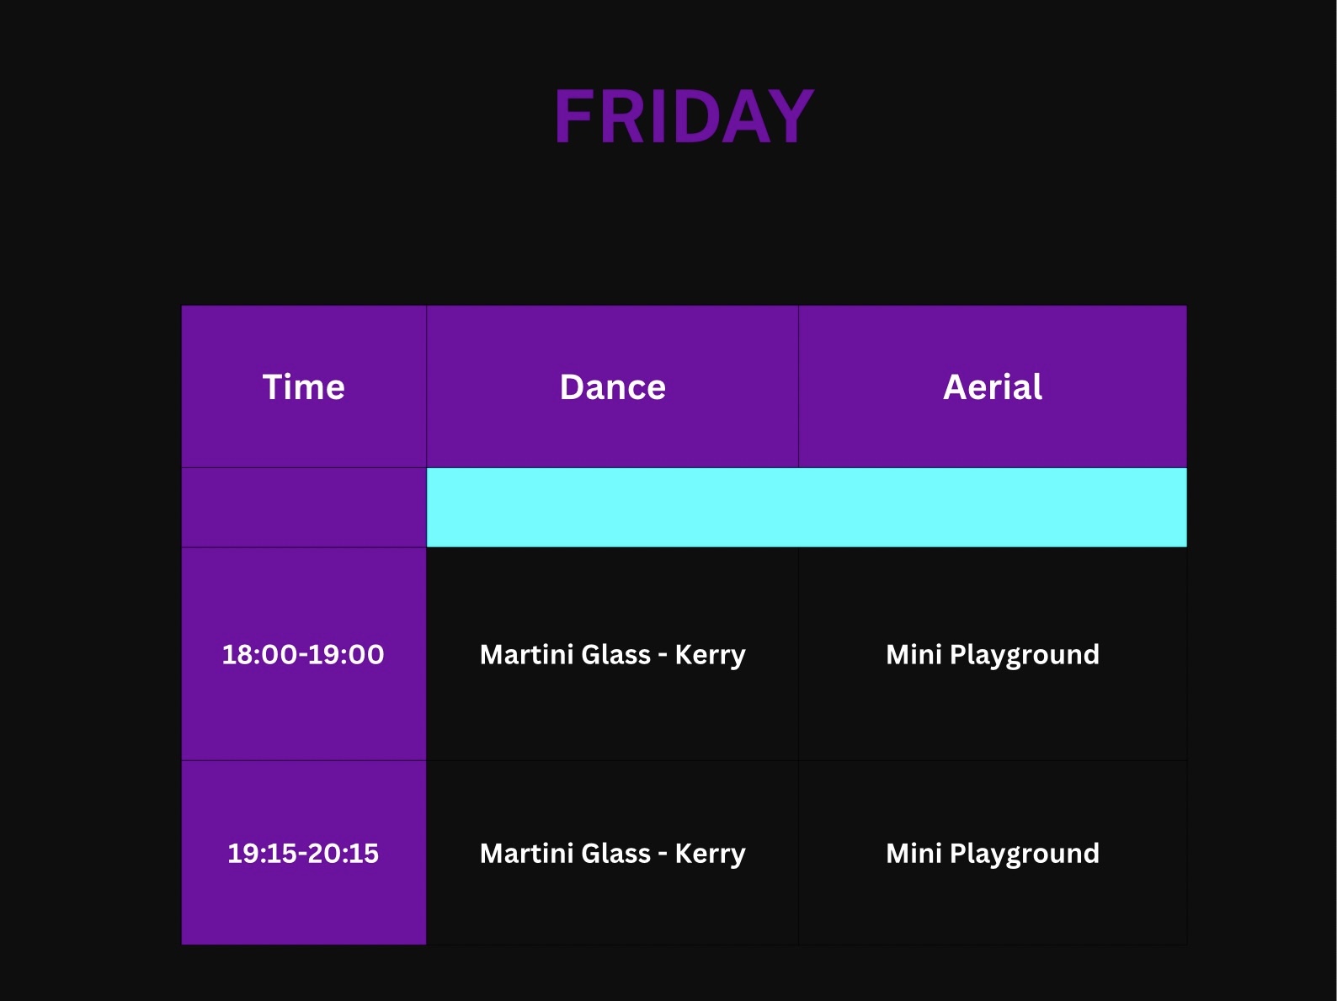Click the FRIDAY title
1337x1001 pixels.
[684, 115]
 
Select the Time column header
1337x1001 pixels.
[303, 386]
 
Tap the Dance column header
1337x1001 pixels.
[612, 386]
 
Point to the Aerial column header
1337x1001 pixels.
[993, 386]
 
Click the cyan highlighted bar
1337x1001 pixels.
[807, 507]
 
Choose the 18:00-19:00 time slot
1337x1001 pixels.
[303, 654]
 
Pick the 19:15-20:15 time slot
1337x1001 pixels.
[303, 853]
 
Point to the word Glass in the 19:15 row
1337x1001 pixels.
[615, 853]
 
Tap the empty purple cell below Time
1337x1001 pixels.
[304, 507]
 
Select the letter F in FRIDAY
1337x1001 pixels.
[573, 115]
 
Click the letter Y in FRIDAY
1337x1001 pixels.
[791, 115]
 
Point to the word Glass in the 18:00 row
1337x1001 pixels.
[615, 654]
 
